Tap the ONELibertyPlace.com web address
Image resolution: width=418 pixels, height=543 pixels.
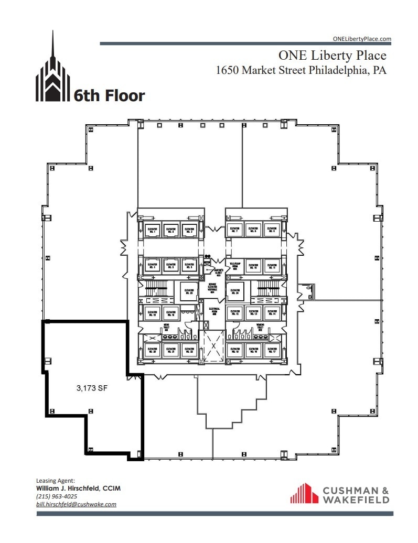pos(362,39)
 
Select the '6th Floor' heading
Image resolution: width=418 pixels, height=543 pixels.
pos(109,95)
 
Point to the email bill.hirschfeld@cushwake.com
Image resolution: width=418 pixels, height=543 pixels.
pos(76,504)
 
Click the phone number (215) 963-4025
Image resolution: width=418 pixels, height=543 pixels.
pos(57,496)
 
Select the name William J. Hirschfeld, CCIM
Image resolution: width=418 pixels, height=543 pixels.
pos(78,488)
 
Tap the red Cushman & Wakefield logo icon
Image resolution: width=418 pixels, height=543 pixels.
pos(305,493)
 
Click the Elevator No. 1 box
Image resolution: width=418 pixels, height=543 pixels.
pos(153,230)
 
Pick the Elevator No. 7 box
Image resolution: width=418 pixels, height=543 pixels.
pos(234,230)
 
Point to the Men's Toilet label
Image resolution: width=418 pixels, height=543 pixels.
pos(166,327)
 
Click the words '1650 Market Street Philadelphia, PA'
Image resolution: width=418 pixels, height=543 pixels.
pos(301,70)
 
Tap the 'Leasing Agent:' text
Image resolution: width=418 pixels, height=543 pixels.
pos(56,480)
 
